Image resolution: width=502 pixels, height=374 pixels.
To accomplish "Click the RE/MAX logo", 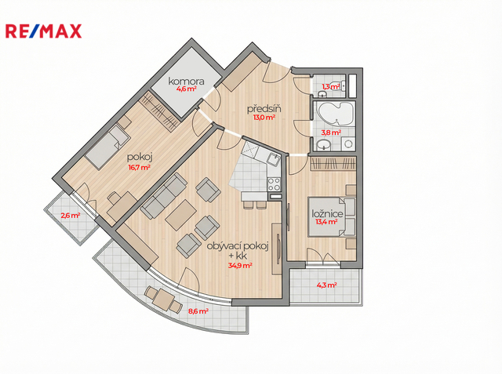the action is point(44,31).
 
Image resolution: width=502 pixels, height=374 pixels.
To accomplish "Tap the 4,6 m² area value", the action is point(187,89).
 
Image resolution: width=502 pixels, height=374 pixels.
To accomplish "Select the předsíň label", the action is point(264,109).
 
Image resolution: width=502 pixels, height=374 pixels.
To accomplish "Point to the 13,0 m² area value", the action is point(264,117).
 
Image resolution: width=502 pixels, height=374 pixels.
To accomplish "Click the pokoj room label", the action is point(140,158).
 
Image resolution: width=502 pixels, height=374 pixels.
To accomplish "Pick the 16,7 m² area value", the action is point(140,167).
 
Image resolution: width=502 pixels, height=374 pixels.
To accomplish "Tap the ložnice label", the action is point(328,214).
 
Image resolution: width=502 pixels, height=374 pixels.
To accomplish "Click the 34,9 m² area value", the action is point(240,265).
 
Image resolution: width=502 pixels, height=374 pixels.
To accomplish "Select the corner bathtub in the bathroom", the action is point(335,114).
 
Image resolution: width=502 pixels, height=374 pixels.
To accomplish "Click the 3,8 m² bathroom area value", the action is point(331,133).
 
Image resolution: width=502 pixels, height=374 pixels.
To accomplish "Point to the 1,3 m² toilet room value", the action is point(331,86).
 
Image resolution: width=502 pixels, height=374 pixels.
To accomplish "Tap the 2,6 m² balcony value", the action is point(71,216).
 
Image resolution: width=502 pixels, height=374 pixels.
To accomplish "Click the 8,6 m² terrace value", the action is point(198,310).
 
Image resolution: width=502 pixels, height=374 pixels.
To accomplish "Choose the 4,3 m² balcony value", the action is point(326,285).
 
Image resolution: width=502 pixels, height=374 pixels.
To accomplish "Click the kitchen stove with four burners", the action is point(274,184).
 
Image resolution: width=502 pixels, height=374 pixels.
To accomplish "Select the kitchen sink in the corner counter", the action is point(274,159).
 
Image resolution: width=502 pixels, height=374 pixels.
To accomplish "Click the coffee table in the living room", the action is point(181,215).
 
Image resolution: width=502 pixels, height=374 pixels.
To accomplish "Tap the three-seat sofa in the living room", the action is point(164,196).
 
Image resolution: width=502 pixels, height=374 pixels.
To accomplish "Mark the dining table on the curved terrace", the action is point(164,300).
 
